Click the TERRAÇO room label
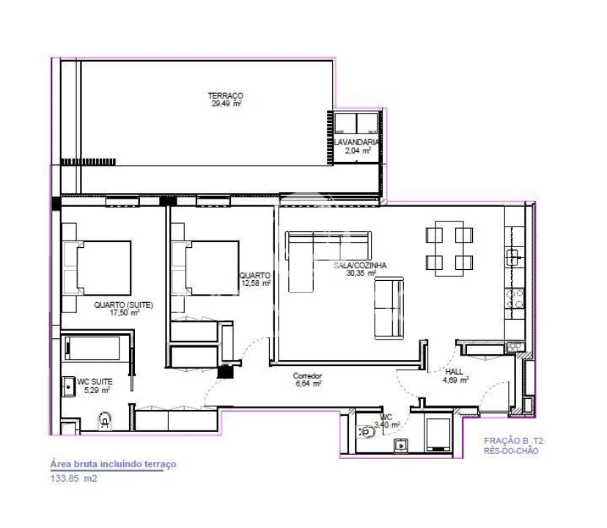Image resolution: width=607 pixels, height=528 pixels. click(225, 95)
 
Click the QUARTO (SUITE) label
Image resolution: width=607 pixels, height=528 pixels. click(123, 305)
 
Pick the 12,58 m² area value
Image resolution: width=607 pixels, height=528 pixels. click(256, 282)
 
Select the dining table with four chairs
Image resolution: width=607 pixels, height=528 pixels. click(448, 250)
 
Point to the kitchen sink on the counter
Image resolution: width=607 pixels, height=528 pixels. click(514, 256)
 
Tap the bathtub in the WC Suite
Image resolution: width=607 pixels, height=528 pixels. click(93, 348)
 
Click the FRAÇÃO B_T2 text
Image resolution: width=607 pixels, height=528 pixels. click(513, 441)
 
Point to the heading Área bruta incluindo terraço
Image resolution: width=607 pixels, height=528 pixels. click(113, 464)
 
